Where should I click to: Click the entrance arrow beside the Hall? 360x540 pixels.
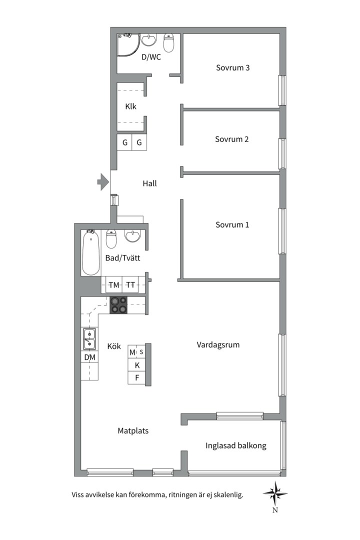point(103,182)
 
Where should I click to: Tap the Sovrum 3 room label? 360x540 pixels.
point(232,68)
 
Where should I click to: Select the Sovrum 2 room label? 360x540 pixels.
point(231,139)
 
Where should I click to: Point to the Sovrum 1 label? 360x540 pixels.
point(232,225)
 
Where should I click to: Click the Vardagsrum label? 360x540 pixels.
point(218,344)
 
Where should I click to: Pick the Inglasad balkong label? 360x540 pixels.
point(236,445)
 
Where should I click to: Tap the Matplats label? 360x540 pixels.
point(133,431)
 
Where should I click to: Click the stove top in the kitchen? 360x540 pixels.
point(118,305)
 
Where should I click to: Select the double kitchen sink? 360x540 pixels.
point(89,339)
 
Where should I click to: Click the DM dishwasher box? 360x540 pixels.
point(89,357)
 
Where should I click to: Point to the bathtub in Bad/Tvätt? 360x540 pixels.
point(91,252)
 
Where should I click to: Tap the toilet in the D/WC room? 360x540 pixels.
point(168,42)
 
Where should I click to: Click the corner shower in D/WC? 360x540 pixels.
point(128,45)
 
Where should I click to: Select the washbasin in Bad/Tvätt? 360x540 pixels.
point(132,236)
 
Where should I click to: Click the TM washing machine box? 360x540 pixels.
point(114,285)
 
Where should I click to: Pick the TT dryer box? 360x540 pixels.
point(130,285)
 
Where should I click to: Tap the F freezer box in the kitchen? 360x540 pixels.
point(137,378)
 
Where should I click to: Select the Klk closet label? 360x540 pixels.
point(130,107)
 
